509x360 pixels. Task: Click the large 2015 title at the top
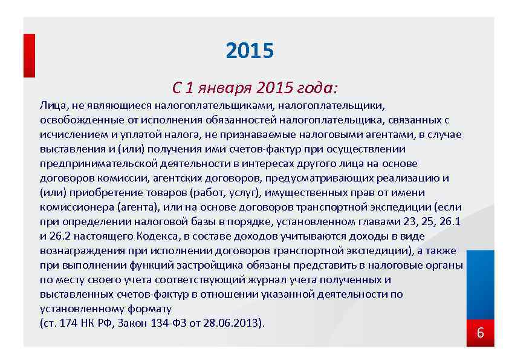tap(249, 51)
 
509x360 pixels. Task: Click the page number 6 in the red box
tap(481, 333)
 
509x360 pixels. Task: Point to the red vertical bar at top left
tap(29, 55)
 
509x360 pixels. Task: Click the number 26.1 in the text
tap(450, 221)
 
